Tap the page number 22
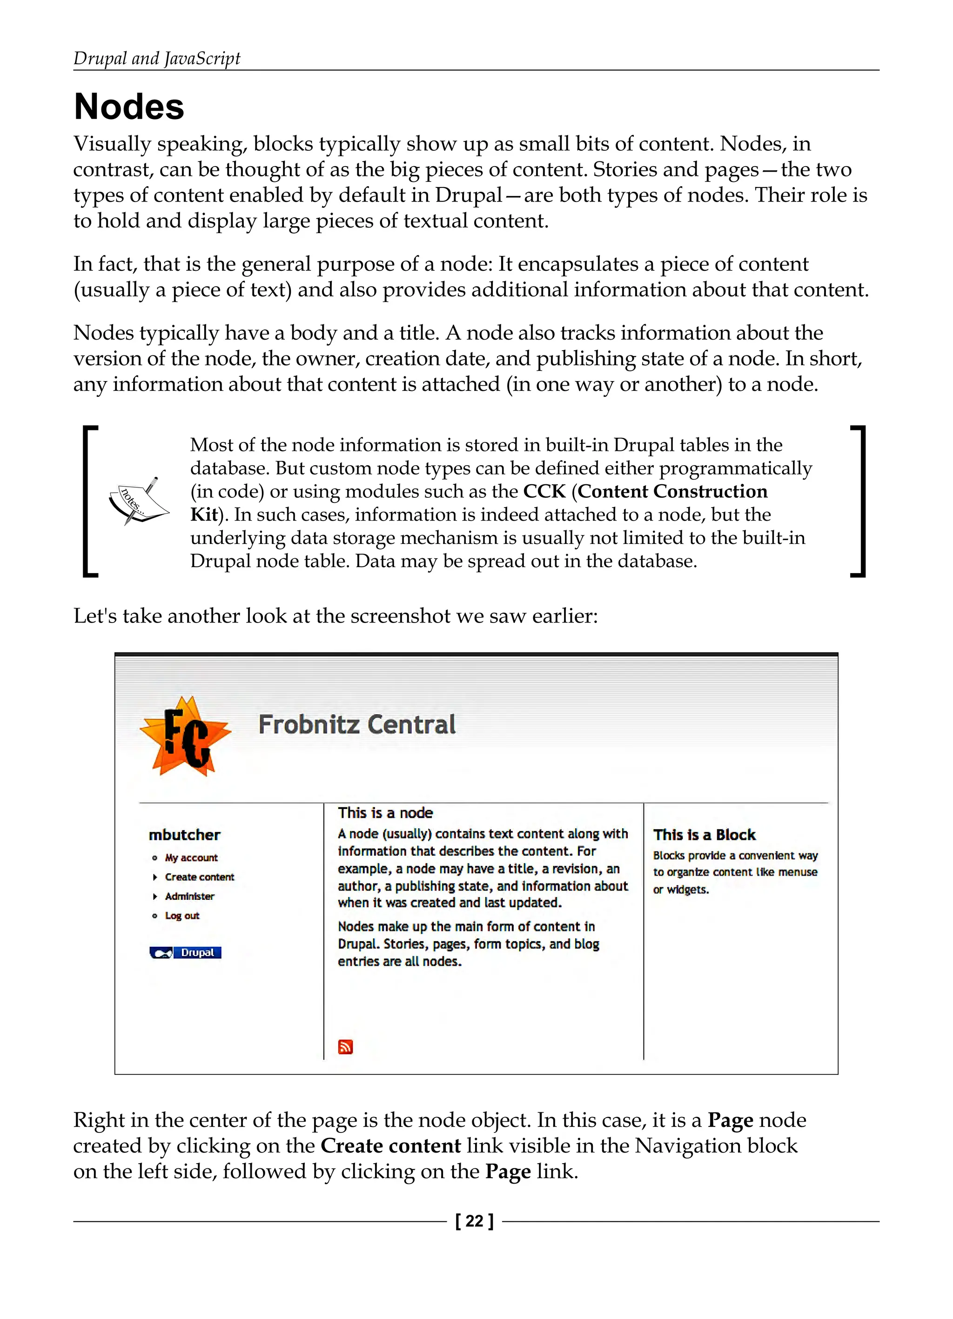474,1221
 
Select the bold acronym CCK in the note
544,491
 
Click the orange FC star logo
185,736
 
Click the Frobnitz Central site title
356,725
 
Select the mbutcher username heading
184,835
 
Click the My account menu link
191,858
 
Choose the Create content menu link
199,877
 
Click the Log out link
181,916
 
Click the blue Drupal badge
185,953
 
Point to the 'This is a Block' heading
704,835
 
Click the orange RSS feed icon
346,1047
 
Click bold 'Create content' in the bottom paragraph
390,1145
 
